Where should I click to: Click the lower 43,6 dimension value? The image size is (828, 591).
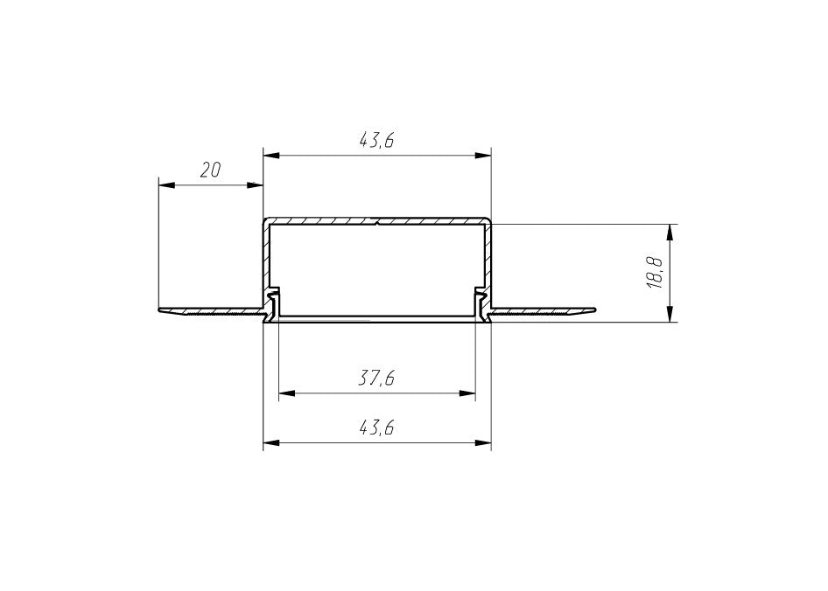point(377,428)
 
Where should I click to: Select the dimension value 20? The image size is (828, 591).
point(210,170)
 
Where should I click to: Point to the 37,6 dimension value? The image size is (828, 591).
point(377,379)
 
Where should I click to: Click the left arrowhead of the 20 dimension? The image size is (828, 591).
point(165,185)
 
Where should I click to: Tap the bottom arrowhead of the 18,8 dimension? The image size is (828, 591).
point(670,316)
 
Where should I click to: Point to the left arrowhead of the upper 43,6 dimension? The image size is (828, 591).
point(270,156)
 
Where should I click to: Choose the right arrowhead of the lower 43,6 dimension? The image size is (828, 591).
point(484,443)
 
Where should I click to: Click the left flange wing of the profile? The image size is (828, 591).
point(210,311)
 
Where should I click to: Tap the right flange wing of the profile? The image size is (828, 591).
point(543,311)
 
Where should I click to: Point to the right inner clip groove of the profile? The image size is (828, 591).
point(480,302)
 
